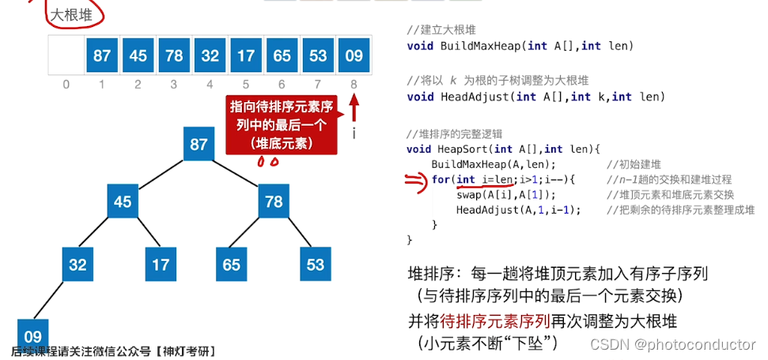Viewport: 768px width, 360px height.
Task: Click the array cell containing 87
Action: (102, 55)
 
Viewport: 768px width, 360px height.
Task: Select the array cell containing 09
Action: (354, 55)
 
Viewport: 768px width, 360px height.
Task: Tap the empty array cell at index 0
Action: (66, 55)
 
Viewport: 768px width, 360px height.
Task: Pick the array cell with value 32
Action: (210, 55)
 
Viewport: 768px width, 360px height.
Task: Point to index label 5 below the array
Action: (245, 84)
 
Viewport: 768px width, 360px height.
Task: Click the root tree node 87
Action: (199, 144)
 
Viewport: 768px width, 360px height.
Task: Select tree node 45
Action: (123, 202)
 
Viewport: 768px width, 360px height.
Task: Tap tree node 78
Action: (274, 202)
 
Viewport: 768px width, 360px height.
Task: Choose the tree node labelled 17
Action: (161, 264)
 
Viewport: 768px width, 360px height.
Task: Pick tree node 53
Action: (316, 264)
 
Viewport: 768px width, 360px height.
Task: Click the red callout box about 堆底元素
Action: (280, 125)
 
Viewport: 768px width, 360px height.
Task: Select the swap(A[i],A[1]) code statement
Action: (506, 195)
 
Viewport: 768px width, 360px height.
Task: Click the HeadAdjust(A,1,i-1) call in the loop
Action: (518, 210)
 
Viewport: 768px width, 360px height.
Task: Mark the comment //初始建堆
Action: (634, 165)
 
